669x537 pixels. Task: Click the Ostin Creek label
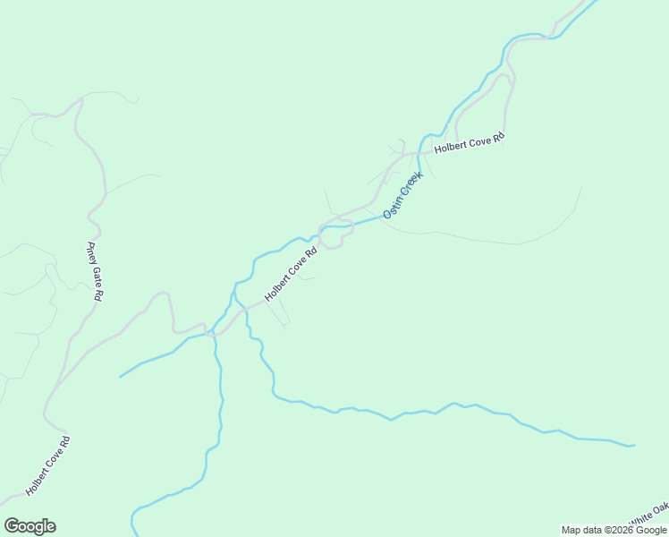pos(402,195)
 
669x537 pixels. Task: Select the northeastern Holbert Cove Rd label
pos(470,143)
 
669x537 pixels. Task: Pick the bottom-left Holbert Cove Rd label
pos(47,465)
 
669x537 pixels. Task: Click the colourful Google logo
pos(30,526)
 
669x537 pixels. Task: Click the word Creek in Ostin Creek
pos(410,185)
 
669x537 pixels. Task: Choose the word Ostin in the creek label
pos(392,208)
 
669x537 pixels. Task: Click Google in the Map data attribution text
pos(651,530)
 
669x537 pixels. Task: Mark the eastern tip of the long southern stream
pos(634,445)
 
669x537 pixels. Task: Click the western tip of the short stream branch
pos(120,377)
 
